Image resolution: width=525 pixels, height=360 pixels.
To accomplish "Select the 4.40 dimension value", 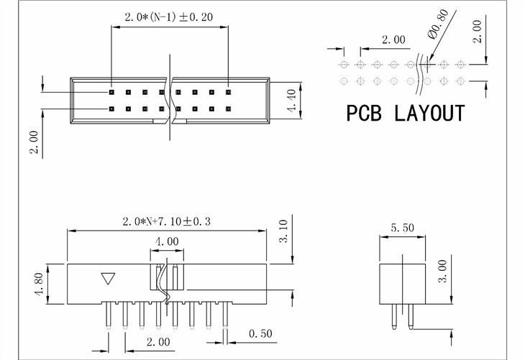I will (x=291, y=100).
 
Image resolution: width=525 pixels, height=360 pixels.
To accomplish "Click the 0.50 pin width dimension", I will (x=261, y=333).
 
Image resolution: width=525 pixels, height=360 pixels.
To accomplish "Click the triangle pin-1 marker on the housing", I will (x=109, y=278).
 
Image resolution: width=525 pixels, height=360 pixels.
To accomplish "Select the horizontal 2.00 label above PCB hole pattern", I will (x=393, y=40).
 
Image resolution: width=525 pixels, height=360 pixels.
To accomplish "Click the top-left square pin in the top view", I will (x=111, y=92).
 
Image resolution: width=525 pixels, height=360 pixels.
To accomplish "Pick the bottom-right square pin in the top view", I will (x=227, y=109).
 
